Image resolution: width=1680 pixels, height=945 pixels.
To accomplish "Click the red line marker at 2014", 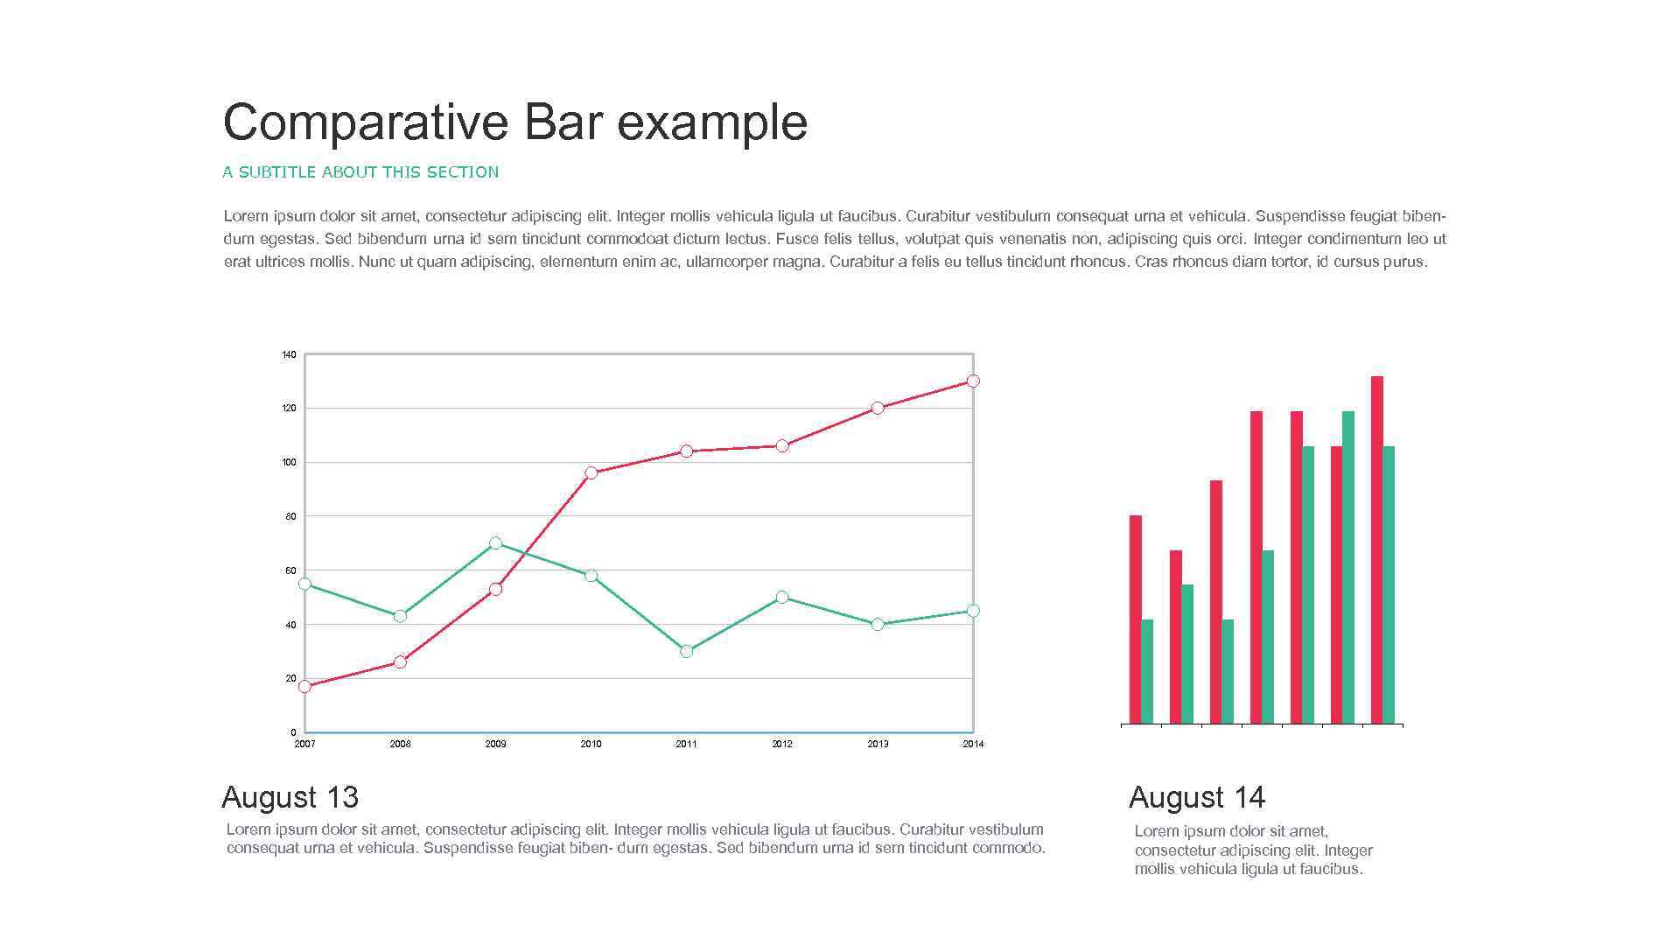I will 973,381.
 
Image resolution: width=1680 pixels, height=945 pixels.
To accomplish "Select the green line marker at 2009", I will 495,543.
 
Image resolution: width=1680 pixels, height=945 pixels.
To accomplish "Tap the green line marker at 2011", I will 686,651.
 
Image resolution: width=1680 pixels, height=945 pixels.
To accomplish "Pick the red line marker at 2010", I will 591,472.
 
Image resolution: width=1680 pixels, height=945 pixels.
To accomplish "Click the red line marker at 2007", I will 304,687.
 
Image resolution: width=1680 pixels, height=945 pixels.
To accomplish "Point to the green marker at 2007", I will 304,584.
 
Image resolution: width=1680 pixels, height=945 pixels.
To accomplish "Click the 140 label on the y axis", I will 289,355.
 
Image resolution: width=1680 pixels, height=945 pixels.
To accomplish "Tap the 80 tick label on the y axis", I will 290,516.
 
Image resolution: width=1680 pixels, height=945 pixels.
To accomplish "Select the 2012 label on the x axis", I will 781,744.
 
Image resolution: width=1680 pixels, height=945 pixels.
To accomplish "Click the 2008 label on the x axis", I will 400,744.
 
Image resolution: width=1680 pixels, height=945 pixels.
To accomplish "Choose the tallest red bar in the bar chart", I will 1376,549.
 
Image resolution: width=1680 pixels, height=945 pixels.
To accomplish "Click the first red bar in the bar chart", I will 1135,619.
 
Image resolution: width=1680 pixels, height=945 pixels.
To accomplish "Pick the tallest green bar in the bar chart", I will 1347,567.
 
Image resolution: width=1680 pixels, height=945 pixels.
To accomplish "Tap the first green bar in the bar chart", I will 1147,671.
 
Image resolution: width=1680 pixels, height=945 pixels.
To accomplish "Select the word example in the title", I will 711,122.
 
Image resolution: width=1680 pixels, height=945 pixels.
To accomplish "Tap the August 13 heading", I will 290,797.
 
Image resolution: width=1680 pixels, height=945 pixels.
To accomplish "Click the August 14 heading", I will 1196,797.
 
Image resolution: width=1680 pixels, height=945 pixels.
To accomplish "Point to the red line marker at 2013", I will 878,408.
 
